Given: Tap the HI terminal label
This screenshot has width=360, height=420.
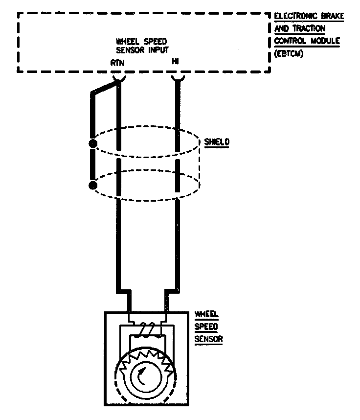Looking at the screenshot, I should (x=176, y=62).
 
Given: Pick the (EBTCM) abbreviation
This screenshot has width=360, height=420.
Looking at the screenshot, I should (x=289, y=54).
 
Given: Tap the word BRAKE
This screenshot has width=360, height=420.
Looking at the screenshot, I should (x=333, y=16).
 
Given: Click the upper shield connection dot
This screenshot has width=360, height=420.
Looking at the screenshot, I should (x=92, y=144).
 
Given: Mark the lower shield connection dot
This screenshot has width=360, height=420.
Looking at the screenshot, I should (x=92, y=185).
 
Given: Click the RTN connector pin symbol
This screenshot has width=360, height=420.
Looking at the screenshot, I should (x=118, y=77).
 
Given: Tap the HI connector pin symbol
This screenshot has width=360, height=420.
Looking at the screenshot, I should (x=177, y=77).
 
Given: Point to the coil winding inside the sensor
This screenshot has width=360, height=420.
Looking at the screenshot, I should (x=147, y=329).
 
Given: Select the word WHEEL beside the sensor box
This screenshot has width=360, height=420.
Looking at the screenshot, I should (x=206, y=314).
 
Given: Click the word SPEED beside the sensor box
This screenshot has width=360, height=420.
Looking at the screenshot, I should (x=206, y=327).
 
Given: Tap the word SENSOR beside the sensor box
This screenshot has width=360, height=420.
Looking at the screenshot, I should (x=208, y=339).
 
